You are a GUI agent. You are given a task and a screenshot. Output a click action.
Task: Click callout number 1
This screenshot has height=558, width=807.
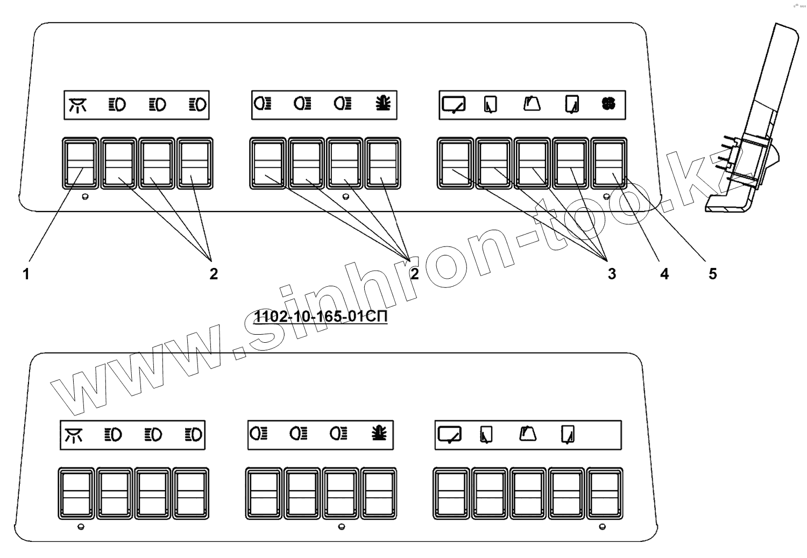[x=25, y=274]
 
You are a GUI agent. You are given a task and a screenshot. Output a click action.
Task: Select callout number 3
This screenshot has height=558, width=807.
[x=611, y=274]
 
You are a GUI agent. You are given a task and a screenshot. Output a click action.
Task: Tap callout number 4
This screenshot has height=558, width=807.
[x=664, y=274]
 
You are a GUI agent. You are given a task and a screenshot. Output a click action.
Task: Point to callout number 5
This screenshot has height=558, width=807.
[x=712, y=274]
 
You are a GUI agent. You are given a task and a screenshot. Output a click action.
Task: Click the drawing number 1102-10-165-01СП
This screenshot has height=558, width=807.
[x=321, y=317]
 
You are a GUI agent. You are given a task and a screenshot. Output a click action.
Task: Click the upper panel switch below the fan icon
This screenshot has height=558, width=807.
[x=609, y=164]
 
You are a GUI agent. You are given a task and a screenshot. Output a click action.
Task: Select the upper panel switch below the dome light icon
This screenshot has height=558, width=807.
[x=80, y=164]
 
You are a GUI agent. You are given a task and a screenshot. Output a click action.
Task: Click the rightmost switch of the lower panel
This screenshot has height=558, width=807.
[x=605, y=494]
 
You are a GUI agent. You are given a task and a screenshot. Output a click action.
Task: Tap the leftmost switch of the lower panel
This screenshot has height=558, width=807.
[x=76, y=494]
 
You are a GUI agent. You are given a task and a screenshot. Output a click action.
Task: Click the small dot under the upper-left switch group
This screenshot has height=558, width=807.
[x=84, y=197]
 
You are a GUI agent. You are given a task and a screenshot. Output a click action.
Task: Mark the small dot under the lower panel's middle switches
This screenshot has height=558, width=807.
[x=341, y=526]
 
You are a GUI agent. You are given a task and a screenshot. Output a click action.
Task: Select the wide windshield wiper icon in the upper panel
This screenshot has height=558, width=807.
[x=453, y=104]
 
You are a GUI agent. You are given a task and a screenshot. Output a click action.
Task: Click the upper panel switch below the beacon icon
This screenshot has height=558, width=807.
[x=383, y=164]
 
